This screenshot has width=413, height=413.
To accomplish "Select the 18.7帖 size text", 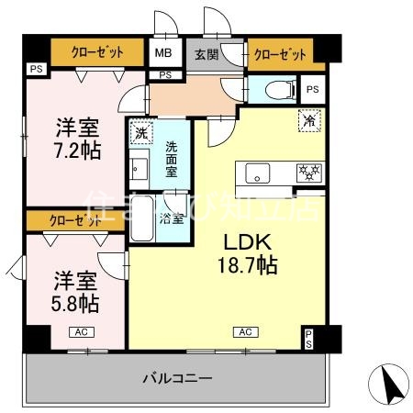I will pyautogui.click(x=247, y=266).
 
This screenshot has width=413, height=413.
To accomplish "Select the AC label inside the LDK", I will pyautogui.click(x=245, y=331).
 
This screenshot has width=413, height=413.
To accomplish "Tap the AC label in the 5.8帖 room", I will pyautogui.click(x=80, y=331).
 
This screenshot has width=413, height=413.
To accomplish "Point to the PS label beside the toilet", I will pyautogui.click(x=312, y=90).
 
